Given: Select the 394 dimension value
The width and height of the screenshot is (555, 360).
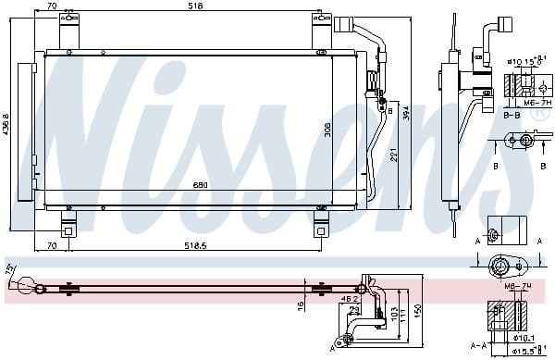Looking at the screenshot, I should [408, 113].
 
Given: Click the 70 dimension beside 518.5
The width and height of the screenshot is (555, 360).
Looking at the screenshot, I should [52, 247].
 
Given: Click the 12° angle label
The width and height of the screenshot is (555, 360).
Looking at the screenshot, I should [10, 269].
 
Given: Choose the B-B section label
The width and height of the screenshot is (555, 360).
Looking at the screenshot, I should [510, 118].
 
